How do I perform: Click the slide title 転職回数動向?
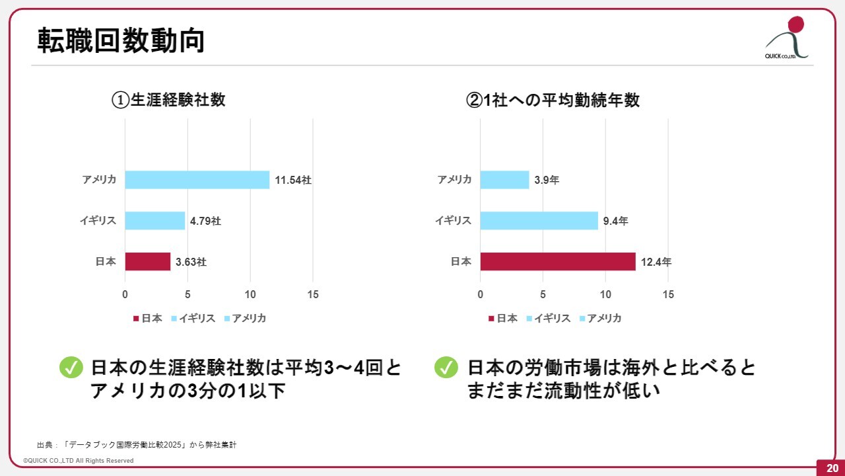pyautogui.click(x=120, y=41)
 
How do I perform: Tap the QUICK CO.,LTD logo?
pyautogui.click(x=788, y=38)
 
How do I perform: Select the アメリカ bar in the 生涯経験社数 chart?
pyautogui.click(x=197, y=180)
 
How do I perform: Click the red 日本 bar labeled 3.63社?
pyautogui.click(x=147, y=262)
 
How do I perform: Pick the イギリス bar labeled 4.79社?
pyautogui.click(x=154, y=221)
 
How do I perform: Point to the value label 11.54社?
pyautogui.click(x=292, y=180)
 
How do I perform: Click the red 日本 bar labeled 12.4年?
pyautogui.click(x=557, y=262)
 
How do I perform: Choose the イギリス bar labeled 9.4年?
pyautogui.click(x=539, y=221)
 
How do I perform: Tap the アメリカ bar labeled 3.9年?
pyautogui.click(x=504, y=180)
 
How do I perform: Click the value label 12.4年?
pyautogui.click(x=656, y=262)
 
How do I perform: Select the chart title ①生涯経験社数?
pyautogui.click(x=168, y=100)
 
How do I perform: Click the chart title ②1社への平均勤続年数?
pyautogui.click(x=553, y=100)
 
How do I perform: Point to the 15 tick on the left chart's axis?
pyautogui.click(x=313, y=295)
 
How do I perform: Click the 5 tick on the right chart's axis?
pyautogui.click(x=543, y=295)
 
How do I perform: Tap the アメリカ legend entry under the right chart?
pyautogui.click(x=600, y=318)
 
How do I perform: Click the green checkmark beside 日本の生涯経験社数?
pyautogui.click(x=71, y=368)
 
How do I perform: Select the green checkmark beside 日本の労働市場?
pyautogui.click(x=446, y=368)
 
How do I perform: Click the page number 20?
pyautogui.click(x=830, y=468)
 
